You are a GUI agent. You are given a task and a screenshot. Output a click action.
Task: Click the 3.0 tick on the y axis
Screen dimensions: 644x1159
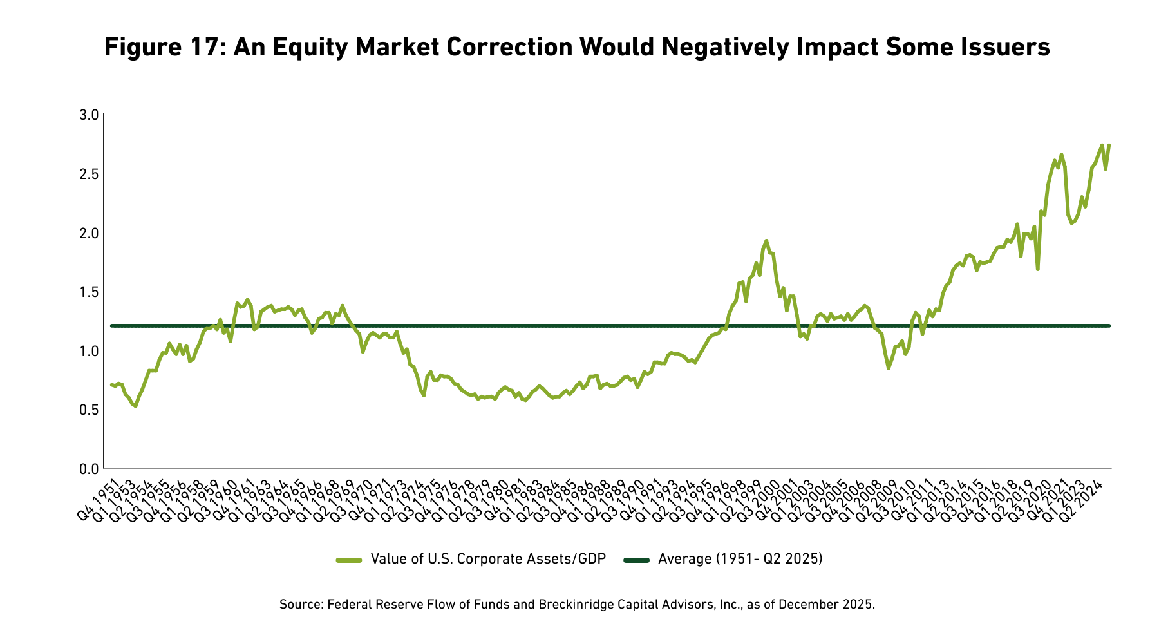tap(88, 115)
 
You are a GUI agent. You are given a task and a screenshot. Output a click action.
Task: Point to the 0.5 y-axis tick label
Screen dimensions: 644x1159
tap(88, 410)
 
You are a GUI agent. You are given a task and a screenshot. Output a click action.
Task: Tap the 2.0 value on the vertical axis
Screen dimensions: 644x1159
tap(88, 233)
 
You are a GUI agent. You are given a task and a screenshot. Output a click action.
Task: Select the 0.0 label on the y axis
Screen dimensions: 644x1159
tap(88, 469)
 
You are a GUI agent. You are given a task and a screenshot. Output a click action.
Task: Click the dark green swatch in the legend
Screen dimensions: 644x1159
tap(637, 560)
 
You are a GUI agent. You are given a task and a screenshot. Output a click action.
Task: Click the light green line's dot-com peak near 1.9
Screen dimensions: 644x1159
tap(766, 240)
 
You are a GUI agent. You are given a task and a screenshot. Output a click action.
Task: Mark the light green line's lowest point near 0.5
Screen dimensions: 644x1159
tap(135, 406)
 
